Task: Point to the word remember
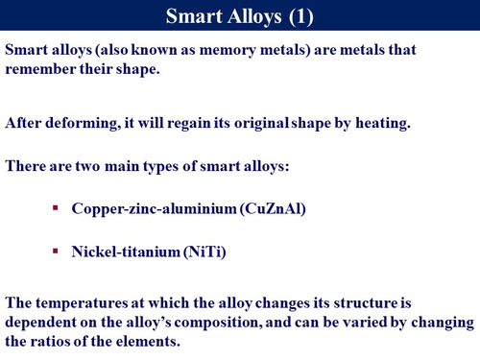pos(39,68)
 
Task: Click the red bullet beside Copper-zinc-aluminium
pos(57,207)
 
